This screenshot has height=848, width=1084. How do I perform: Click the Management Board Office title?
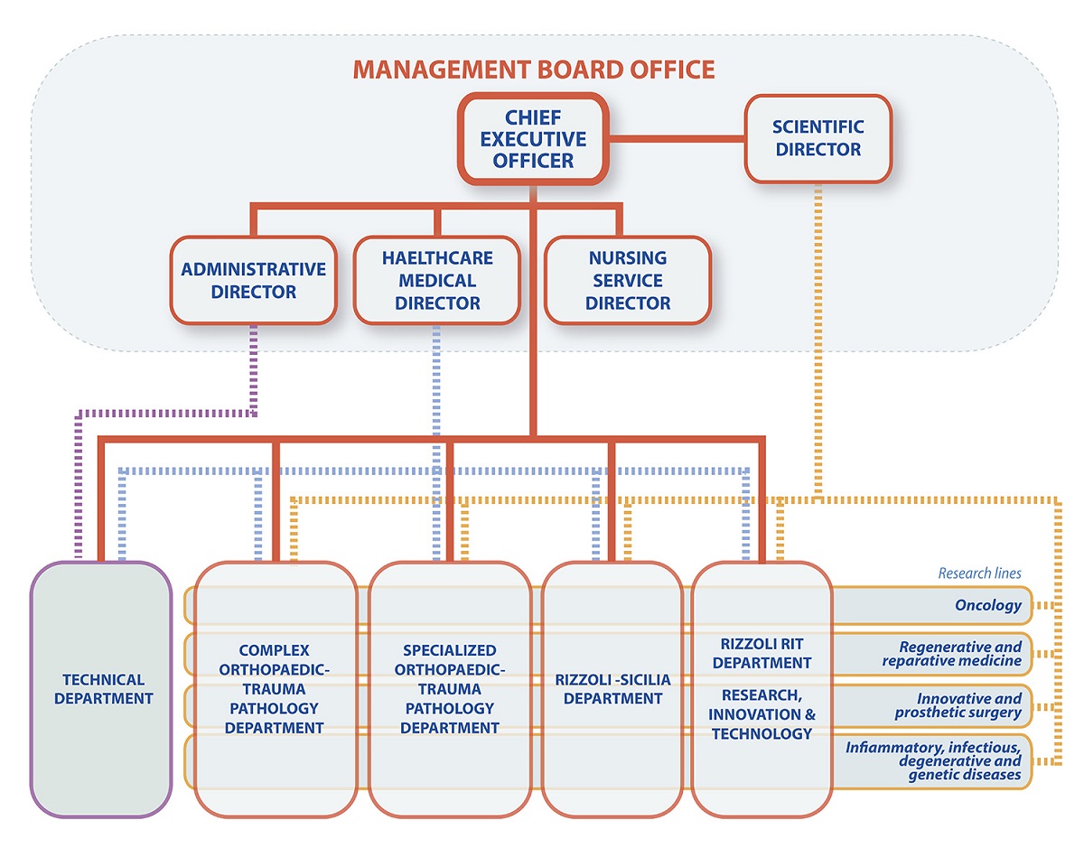click(533, 69)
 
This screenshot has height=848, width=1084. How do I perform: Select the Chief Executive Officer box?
click(533, 139)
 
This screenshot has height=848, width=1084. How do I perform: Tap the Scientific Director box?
click(818, 138)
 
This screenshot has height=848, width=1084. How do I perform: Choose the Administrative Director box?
click(253, 280)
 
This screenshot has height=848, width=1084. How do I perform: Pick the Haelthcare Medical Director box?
click(437, 280)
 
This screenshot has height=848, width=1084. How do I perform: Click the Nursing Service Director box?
click(628, 280)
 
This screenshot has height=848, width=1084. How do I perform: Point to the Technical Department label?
click(103, 688)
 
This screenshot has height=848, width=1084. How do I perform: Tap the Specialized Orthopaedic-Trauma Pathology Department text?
click(450, 688)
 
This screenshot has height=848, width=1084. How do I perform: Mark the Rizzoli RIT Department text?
click(762, 653)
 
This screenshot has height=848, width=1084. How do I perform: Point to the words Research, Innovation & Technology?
click(762, 713)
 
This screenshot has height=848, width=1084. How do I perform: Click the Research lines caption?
click(979, 573)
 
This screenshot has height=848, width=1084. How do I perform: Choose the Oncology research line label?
click(988, 606)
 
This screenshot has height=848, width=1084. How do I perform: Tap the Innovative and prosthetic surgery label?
click(959, 705)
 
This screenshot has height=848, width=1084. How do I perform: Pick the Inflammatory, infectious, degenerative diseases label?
click(934, 760)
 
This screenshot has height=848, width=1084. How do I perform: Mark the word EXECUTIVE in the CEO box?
click(533, 139)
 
